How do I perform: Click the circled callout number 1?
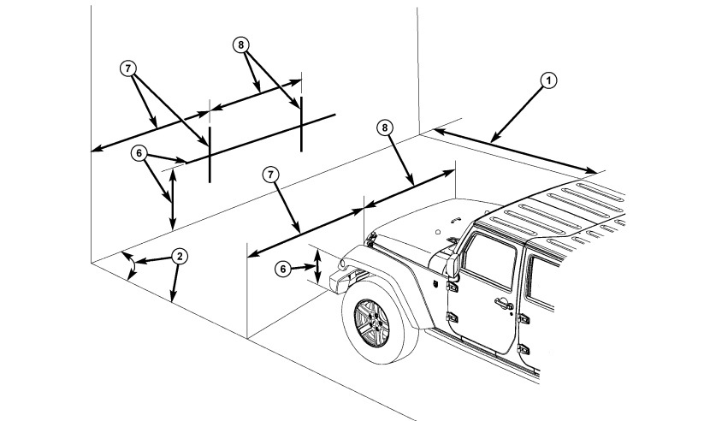[x=549, y=80]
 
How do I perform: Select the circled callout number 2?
[x=180, y=257]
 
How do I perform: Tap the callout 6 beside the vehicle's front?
[x=283, y=270]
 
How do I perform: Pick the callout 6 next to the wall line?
[x=139, y=154]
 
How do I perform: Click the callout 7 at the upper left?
[x=128, y=68]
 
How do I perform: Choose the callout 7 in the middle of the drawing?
[x=271, y=175]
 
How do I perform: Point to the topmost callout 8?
[x=241, y=44]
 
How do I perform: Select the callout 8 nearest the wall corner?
[x=384, y=127]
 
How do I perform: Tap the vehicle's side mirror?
[x=453, y=266]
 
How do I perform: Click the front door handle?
[x=504, y=303]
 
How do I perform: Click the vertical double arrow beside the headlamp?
[x=318, y=266]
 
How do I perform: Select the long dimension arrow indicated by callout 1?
[x=515, y=151]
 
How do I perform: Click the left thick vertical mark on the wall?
[x=210, y=155]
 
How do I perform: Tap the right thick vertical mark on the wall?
[x=301, y=124]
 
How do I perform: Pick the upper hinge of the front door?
[x=452, y=286]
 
